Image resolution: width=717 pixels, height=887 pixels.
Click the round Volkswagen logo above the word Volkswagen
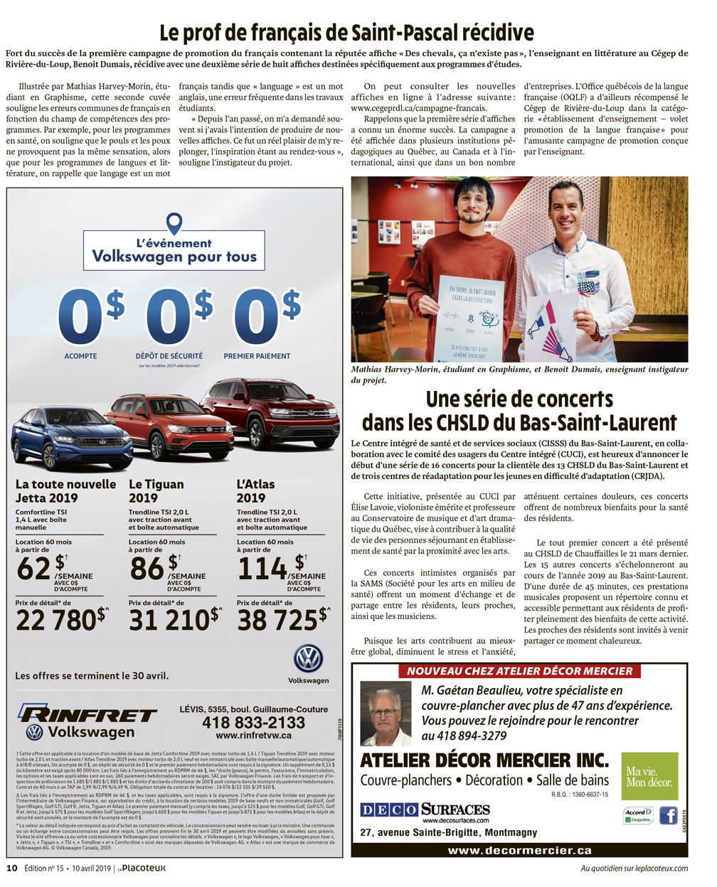point(308,659)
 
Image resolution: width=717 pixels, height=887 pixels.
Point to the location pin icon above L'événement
point(174,223)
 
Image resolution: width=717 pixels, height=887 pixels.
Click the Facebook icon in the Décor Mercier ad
point(668,815)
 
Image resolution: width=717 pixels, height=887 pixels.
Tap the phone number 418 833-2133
point(253,722)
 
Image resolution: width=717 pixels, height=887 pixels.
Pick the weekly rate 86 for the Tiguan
point(147,569)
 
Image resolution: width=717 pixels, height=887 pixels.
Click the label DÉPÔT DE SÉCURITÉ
point(169,356)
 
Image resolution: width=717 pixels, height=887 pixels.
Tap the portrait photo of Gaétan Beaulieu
point(386,714)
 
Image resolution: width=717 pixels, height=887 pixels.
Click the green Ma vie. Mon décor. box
point(649,777)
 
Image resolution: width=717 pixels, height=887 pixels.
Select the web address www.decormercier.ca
point(519,850)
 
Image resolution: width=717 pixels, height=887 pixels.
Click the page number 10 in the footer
point(12,868)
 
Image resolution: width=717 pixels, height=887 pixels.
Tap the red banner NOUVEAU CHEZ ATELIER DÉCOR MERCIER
point(519,671)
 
